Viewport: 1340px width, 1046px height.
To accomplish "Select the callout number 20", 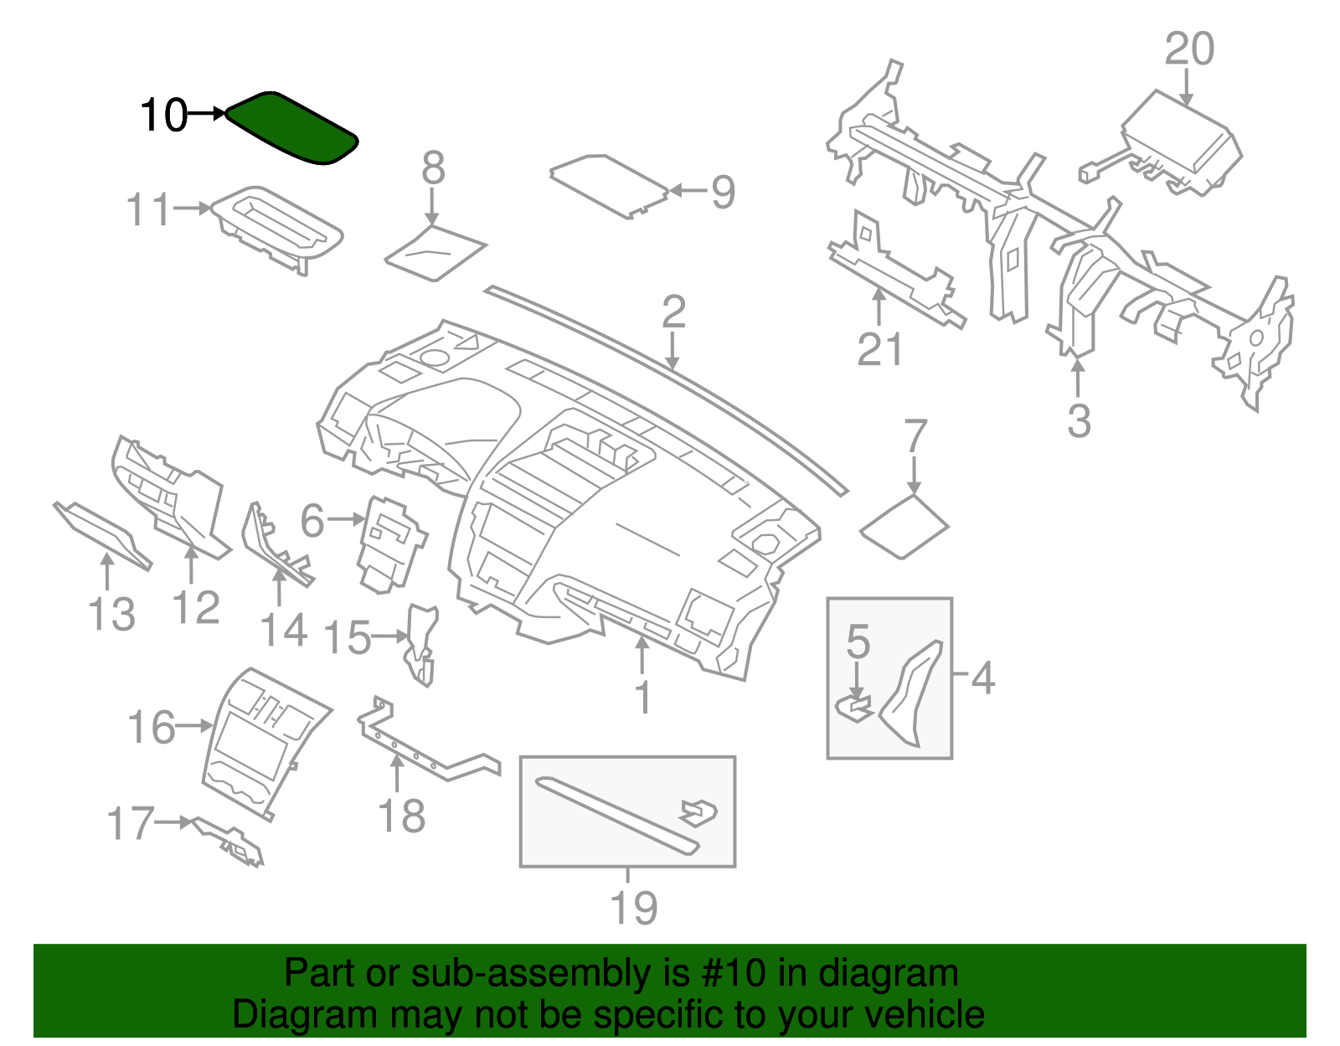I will point(1188,49).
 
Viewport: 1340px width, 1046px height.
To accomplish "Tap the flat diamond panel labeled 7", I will point(904,528).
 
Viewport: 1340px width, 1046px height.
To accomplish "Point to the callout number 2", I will point(673,312).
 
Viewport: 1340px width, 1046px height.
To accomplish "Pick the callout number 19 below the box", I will point(633,908).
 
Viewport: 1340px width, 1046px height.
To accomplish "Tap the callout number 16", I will point(152,728).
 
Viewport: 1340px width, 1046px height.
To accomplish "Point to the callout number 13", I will point(111,615).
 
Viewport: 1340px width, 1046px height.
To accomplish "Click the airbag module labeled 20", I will point(1181,142).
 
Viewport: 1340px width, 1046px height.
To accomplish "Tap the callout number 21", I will point(879,349).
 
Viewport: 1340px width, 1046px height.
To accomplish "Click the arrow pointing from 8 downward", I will point(432,206).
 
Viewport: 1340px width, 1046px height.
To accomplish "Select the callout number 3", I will point(1079,420).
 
